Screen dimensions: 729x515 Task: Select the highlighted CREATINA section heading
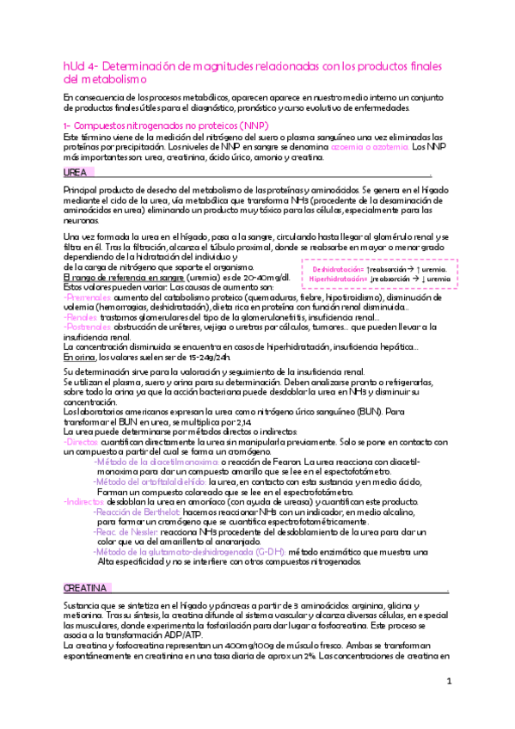[85, 588]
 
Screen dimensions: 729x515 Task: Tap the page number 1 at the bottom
[448, 682]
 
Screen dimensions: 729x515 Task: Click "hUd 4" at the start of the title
[79, 66]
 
